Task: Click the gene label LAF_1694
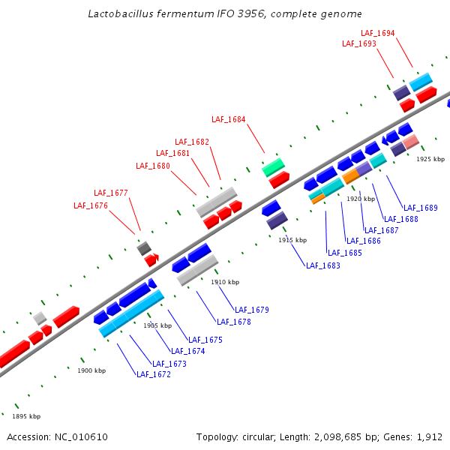point(377,33)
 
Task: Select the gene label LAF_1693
point(359,43)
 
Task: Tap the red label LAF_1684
point(228,119)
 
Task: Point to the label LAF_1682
point(192,142)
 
